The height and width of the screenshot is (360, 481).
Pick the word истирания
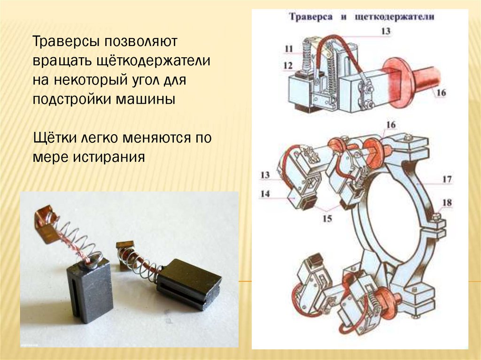pos(107,157)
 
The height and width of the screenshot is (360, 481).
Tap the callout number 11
pos(289,48)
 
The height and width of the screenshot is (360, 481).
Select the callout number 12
pos(288,65)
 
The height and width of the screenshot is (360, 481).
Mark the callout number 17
pos(446,179)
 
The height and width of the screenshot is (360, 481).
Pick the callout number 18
pos(447,203)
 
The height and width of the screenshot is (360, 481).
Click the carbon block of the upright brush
pos(89,293)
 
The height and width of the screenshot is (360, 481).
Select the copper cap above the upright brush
pos(47,225)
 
